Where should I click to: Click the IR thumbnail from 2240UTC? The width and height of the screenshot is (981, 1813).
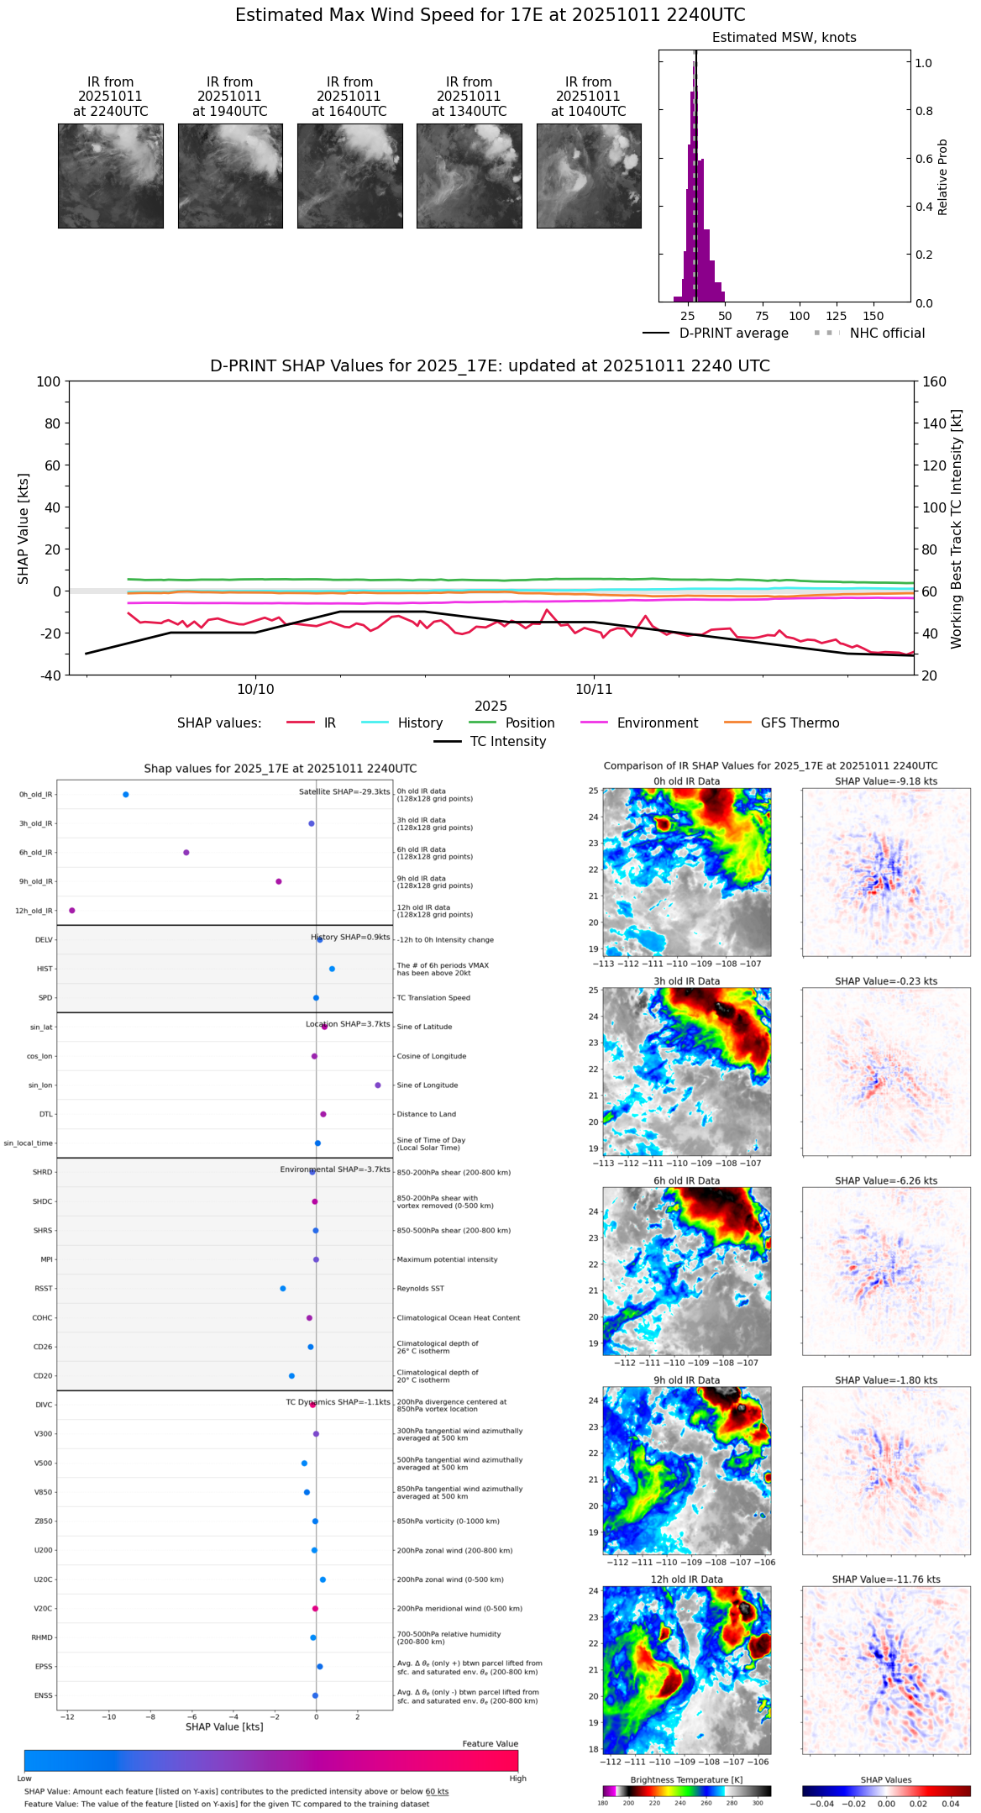[110, 176]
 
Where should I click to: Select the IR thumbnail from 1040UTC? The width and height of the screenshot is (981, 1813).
[589, 176]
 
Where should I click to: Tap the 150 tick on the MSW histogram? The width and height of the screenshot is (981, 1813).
[873, 316]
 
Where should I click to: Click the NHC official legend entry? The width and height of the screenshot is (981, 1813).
[886, 334]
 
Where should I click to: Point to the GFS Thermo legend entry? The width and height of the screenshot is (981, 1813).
[800, 723]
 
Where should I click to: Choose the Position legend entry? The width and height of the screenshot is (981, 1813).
[529, 723]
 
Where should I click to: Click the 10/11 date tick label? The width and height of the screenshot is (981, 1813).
[594, 690]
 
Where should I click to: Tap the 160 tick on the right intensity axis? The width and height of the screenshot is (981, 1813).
[935, 381]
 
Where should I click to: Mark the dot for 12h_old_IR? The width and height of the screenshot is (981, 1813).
[72, 911]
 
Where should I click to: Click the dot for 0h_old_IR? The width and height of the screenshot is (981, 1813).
[126, 795]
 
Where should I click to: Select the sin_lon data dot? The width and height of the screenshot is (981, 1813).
[378, 1085]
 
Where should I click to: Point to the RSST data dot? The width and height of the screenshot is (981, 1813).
[283, 1289]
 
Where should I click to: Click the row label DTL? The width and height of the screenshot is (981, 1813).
[45, 1115]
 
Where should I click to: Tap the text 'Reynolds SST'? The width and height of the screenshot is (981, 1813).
[420, 1289]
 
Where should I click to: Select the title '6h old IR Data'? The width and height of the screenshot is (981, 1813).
[686, 1181]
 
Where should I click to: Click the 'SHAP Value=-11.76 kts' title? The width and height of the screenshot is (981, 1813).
[886, 1580]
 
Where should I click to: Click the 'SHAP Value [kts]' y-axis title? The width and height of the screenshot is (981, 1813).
[24, 528]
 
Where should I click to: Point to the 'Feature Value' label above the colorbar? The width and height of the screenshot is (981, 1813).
[490, 1744]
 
